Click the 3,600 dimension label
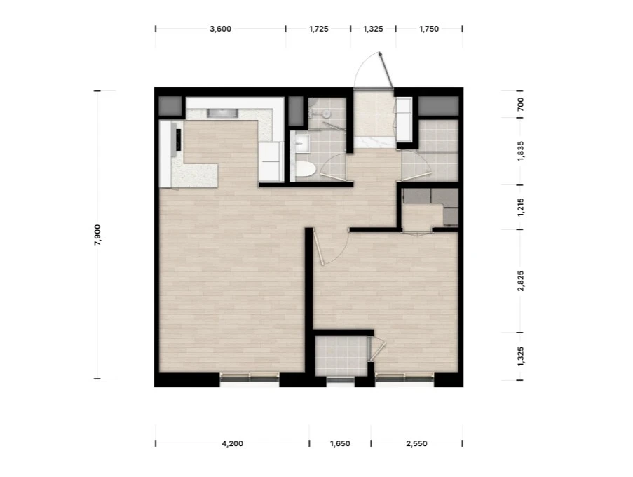pos(220,29)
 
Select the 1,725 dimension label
pos(318,29)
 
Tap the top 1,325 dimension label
pos(373,29)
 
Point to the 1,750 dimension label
pos(429,29)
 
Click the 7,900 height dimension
pos(97,235)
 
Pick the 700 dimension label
pos(520,105)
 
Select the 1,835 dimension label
pos(520,151)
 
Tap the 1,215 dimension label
pos(520,207)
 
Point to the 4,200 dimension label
pos(233,443)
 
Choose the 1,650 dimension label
pos(340,443)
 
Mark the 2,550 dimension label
pos(416,443)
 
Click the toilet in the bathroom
pos(304,170)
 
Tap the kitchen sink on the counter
pos(222,113)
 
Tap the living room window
pos(250,377)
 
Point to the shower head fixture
pos(326,114)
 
